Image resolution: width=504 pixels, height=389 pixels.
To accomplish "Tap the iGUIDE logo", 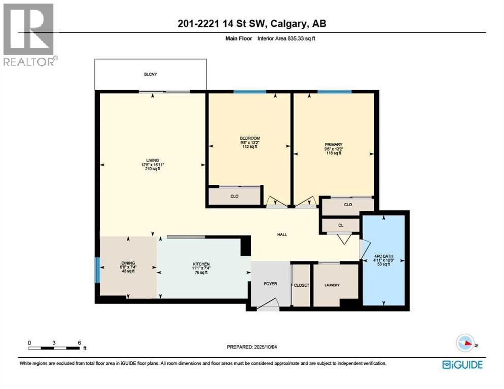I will (x=462, y=364).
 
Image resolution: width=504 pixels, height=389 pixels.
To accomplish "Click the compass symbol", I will (x=465, y=343).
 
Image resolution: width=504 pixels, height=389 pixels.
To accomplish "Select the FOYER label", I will (x=270, y=284).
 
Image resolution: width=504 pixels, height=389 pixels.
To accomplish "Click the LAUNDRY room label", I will (x=332, y=285).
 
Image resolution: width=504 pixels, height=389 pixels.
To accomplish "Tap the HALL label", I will (x=282, y=235).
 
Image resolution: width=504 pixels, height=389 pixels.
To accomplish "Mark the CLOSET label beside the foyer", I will (x=301, y=285).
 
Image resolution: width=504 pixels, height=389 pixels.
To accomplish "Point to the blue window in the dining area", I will (x=97, y=269).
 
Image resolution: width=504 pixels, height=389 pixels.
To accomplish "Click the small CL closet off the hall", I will (x=340, y=224).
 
